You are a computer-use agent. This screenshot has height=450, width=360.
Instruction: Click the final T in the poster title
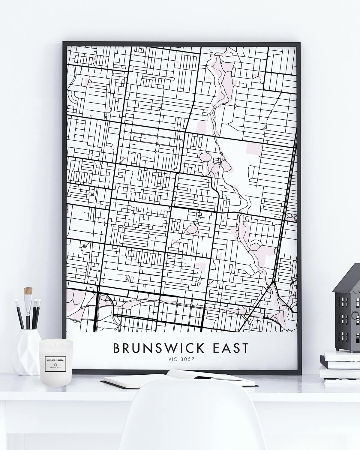pos(245,348)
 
